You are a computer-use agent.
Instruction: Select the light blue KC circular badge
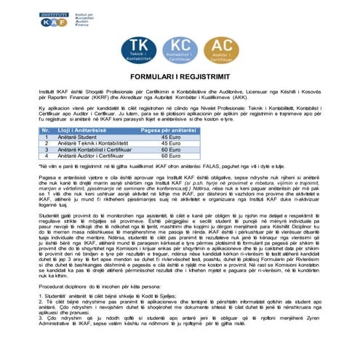[180, 51]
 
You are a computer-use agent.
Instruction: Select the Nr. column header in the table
[49, 129]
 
